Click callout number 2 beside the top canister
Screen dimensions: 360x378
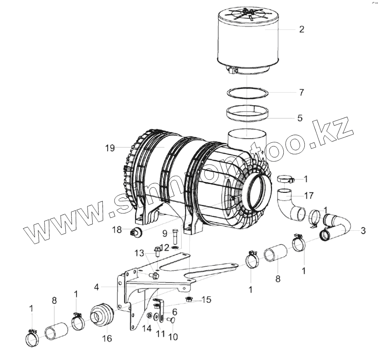click(x=301, y=29)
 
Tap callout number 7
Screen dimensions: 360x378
click(x=301, y=92)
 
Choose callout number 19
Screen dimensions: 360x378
click(x=110, y=148)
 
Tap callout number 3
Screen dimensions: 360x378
click(x=363, y=230)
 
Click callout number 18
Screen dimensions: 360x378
click(x=117, y=229)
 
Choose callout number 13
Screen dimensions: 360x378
click(x=139, y=253)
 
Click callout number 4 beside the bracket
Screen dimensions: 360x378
click(x=97, y=287)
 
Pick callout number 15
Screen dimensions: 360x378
click(x=206, y=300)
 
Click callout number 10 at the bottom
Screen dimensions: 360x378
click(x=173, y=337)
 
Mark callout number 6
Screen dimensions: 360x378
click(x=174, y=312)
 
